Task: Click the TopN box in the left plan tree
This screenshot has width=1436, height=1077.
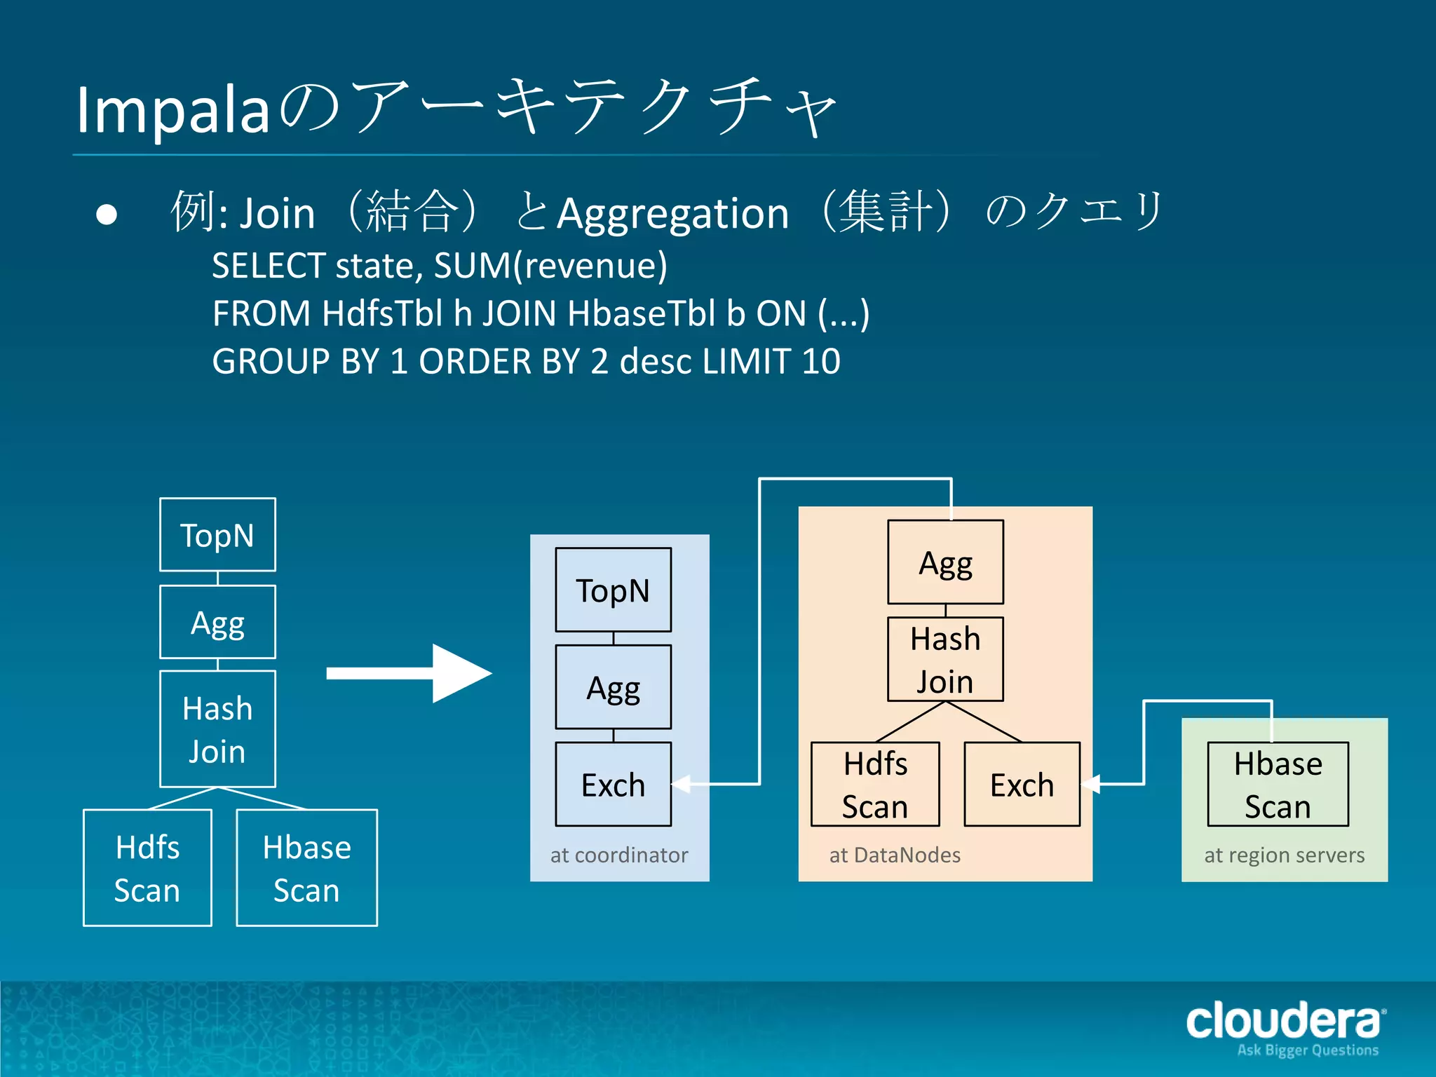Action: pyautogui.click(x=217, y=535)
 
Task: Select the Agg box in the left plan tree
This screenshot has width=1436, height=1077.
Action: pyautogui.click(x=217, y=622)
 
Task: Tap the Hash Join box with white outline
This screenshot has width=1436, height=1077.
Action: pyautogui.click(x=217, y=729)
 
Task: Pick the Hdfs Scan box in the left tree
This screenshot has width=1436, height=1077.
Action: pyautogui.click(x=147, y=868)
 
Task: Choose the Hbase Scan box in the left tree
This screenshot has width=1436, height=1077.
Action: pyautogui.click(x=306, y=868)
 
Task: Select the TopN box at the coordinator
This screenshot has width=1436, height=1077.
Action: pyautogui.click(x=613, y=590)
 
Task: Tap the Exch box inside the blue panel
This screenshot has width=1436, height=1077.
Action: pyautogui.click(x=613, y=784)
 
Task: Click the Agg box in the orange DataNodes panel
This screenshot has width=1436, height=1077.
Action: pyautogui.click(x=945, y=562)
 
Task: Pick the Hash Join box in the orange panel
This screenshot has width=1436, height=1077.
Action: pyautogui.click(x=945, y=659)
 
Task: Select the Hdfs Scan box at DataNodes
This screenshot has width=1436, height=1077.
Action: pyautogui.click(x=875, y=784)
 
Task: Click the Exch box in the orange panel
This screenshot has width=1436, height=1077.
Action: pyautogui.click(x=1022, y=784)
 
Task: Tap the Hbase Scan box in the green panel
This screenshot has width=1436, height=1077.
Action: pyautogui.click(x=1278, y=784)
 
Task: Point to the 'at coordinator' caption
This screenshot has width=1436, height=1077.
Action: pyautogui.click(x=619, y=855)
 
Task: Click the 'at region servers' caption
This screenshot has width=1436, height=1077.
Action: pyautogui.click(x=1284, y=855)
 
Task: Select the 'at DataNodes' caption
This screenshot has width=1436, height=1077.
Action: pyautogui.click(x=895, y=855)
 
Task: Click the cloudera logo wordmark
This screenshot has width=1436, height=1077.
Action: pyautogui.click(x=1284, y=1022)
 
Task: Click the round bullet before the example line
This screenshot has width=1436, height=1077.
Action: pyautogui.click(x=107, y=215)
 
